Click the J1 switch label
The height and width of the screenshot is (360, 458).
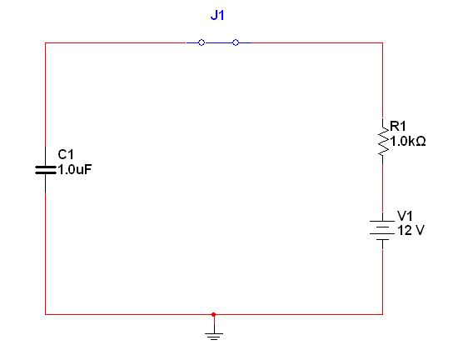(217, 15)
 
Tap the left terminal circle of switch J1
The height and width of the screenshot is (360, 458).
(202, 42)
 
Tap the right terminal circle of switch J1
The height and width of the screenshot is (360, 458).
(236, 42)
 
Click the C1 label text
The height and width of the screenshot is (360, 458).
(66, 154)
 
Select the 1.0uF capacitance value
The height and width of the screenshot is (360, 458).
(75, 169)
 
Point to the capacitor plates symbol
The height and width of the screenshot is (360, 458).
(45, 170)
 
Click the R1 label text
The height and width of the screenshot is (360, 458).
(398, 126)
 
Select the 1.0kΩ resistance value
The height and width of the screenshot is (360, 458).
(408, 142)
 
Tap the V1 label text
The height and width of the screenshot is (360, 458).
(406, 216)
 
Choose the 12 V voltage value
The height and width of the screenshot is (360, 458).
(411, 231)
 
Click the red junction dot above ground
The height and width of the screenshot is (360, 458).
(214, 314)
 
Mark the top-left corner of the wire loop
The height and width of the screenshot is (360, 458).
(45, 43)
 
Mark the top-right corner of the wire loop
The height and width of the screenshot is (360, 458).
(383, 43)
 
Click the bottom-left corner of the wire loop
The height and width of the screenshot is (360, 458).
(45, 314)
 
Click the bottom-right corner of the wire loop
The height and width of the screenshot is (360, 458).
(383, 314)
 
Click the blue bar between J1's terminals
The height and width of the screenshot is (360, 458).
(218, 42)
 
